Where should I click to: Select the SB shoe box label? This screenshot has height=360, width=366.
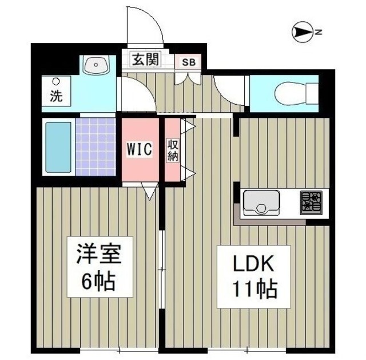(188, 61)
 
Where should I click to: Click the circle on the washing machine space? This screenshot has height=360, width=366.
(56, 81)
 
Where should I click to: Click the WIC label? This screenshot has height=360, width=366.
(139, 150)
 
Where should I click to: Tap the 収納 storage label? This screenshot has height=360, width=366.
(172, 150)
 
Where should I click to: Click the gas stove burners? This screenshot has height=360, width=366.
(311, 202)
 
